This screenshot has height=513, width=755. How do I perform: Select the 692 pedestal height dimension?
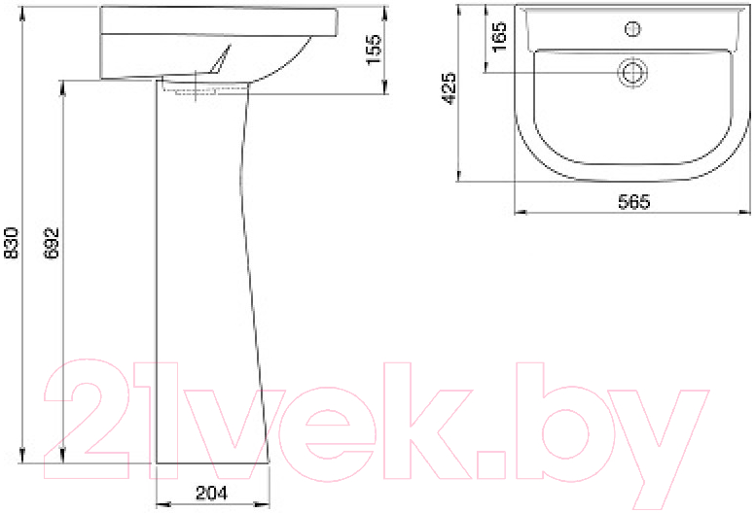(x=51, y=243)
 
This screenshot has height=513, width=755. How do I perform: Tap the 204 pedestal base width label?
(x=212, y=493)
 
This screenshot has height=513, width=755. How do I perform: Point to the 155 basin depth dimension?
(x=374, y=50)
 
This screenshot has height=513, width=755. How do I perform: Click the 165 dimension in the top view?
(x=500, y=37)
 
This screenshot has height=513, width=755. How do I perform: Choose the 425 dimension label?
(x=449, y=88)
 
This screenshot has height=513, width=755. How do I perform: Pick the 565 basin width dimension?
(x=634, y=201)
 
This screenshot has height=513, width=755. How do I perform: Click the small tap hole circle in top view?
(x=632, y=29)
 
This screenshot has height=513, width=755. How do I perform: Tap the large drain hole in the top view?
(x=632, y=73)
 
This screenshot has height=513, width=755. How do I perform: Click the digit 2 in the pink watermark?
(x=88, y=420)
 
